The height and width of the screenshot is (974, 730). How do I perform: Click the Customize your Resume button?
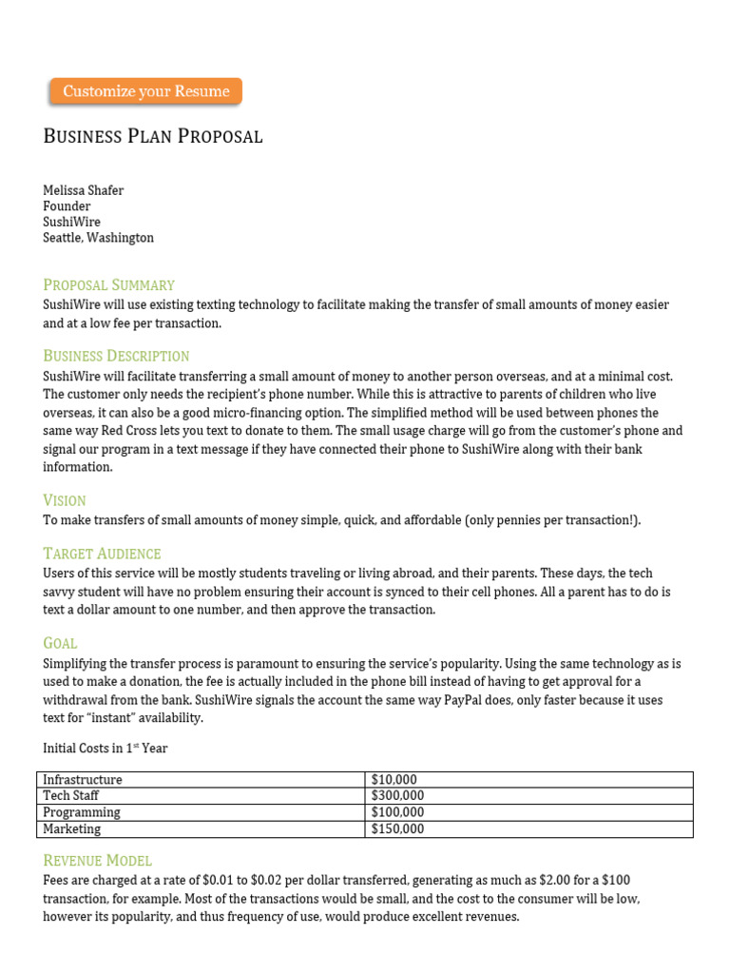pos(145,91)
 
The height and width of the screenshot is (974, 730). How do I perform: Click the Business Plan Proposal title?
pos(153,136)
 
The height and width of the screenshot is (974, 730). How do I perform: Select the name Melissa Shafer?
pos(84,190)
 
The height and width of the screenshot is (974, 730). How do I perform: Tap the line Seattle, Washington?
pos(98,238)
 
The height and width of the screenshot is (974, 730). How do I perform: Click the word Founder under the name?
pos(67,206)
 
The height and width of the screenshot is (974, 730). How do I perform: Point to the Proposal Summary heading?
pos(108,284)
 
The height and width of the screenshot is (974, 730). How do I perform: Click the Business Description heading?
pos(116,356)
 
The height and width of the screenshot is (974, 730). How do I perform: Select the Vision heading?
pos(65,500)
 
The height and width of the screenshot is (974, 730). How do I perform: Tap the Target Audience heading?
pos(102,554)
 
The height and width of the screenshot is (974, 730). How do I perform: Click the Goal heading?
pos(60,643)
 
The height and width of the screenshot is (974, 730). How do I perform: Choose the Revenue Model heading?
pos(97,860)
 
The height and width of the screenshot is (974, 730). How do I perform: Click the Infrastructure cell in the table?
pos(83,780)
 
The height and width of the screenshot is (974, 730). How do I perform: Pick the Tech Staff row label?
pos(71,796)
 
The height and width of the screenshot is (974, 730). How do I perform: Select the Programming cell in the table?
pos(82,812)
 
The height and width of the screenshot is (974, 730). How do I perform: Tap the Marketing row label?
pos(72,828)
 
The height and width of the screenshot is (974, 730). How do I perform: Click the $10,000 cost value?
pos(394,780)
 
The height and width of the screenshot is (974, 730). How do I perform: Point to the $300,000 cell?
pos(397,796)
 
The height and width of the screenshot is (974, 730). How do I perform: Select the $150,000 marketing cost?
pos(397,828)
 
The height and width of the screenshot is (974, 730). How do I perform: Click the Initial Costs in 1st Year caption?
pos(106,749)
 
